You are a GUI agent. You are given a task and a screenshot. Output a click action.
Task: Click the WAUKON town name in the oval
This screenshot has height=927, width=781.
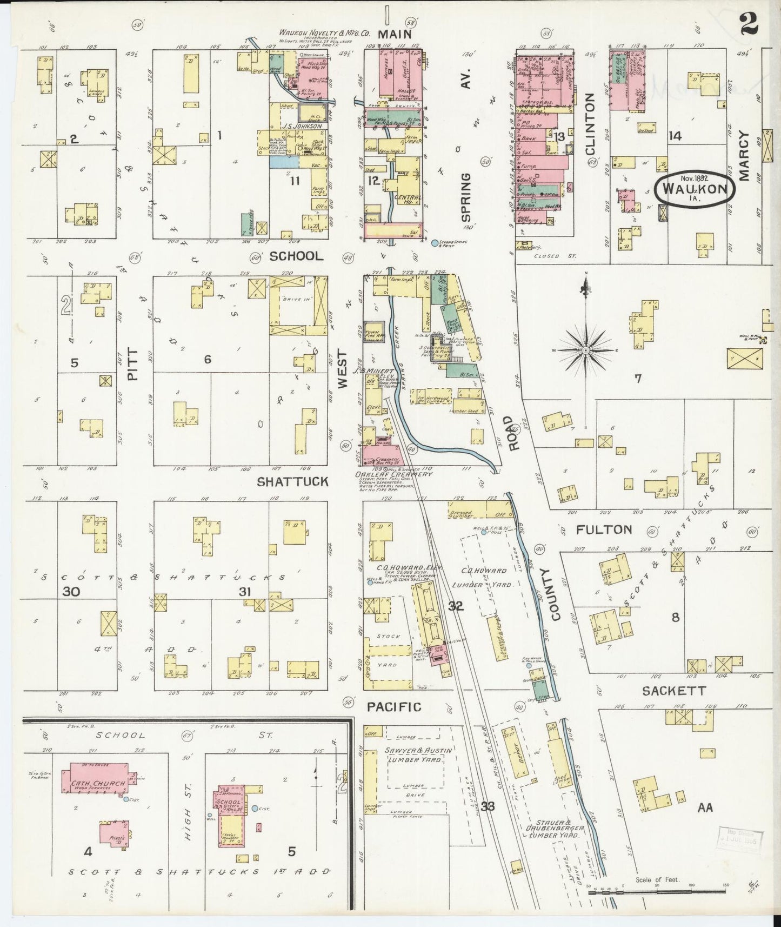(695, 190)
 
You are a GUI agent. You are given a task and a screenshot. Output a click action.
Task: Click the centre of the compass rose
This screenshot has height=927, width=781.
(585, 351)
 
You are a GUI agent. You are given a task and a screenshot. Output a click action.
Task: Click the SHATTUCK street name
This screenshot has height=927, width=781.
(292, 481)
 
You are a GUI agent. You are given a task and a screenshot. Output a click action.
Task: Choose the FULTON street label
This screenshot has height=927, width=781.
(604, 529)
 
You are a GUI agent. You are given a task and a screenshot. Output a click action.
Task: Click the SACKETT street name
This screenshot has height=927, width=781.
(673, 691)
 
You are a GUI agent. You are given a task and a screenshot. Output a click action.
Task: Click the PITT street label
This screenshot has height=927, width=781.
(133, 365)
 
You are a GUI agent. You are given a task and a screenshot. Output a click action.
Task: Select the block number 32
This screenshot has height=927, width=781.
(456, 606)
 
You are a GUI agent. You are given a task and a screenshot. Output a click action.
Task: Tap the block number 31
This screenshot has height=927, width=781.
(245, 592)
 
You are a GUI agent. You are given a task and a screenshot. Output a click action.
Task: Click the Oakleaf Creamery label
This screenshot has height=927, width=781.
(386, 474)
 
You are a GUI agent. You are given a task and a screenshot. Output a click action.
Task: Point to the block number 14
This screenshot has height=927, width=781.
(675, 136)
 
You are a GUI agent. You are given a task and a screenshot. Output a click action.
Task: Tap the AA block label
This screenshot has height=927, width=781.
(705, 808)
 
